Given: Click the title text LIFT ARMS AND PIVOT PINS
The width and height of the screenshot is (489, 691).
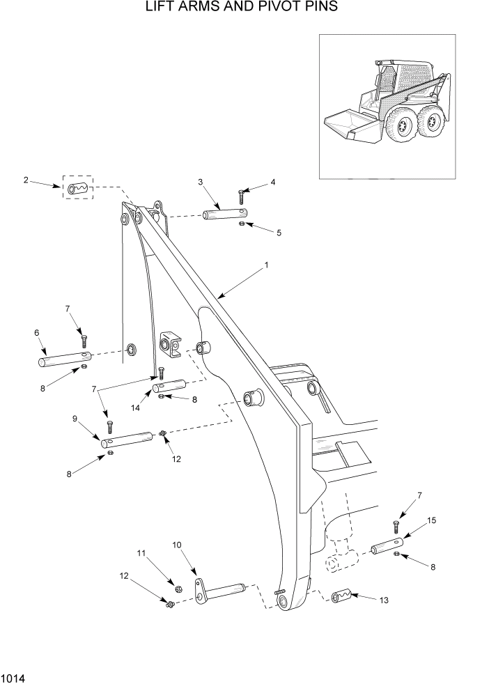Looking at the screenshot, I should pyautogui.click(x=242, y=8).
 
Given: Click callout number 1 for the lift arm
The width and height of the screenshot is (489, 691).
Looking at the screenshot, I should pyautogui.click(x=266, y=265).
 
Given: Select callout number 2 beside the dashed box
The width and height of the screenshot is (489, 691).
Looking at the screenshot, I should pyautogui.click(x=26, y=180).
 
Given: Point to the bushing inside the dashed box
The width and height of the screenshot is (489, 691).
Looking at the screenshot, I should pyautogui.click(x=78, y=187).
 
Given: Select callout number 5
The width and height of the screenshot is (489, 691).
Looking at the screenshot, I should pyautogui.click(x=279, y=232).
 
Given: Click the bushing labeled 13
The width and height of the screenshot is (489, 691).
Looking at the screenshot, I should pyautogui.click(x=341, y=597).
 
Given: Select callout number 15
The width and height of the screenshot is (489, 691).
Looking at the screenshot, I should pyautogui.click(x=431, y=520).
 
